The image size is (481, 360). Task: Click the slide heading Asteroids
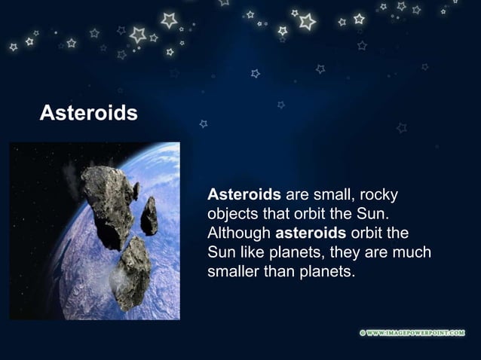88,114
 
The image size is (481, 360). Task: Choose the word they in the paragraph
345,252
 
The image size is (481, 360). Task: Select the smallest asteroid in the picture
149,215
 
